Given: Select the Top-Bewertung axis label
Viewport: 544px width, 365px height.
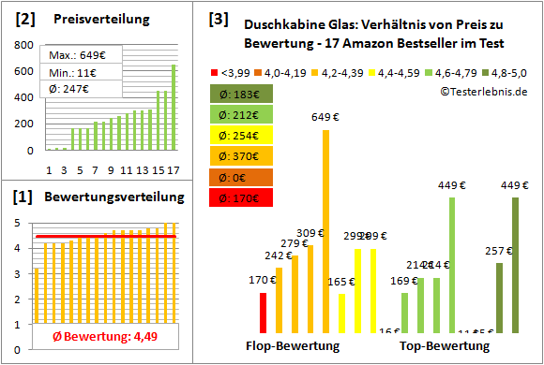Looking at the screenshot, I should coord(445,346).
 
